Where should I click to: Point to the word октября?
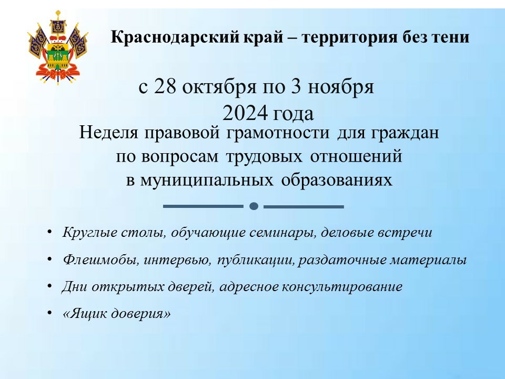click(x=219, y=87)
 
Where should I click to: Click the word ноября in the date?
click(x=341, y=88)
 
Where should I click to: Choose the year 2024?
click(x=245, y=113)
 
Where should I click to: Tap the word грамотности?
click(x=278, y=133)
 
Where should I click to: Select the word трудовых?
click(x=264, y=157)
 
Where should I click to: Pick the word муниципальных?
click(x=207, y=181)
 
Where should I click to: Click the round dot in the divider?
click(x=254, y=206)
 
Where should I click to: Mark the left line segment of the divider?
click(x=203, y=206)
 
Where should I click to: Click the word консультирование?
click(x=342, y=287)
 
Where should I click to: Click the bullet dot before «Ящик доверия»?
click(x=49, y=313)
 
